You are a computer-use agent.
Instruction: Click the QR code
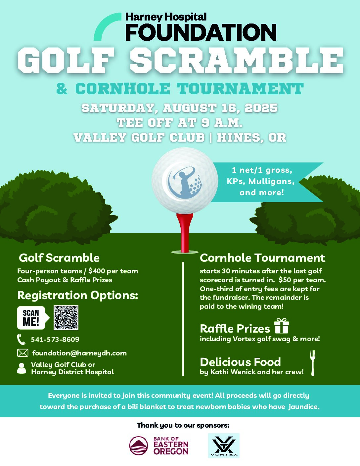click(66, 318)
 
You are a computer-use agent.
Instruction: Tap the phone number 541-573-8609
click(55, 339)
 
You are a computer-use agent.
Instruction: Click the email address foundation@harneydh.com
click(79, 353)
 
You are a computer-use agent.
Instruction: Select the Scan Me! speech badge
click(32, 318)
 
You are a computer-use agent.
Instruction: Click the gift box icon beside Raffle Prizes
click(282, 326)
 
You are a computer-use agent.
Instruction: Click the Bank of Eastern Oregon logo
click(159, 446)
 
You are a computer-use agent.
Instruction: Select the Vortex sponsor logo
click(224, 446)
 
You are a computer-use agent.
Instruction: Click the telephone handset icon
click(21, 340)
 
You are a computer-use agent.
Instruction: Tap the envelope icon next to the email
click(22, 353)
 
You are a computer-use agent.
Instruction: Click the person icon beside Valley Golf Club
click(22, 368)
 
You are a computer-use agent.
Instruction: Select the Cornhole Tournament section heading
click(262, 258)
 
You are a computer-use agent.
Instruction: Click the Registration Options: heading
click(77, 295)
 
